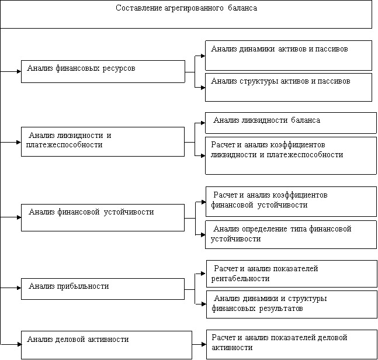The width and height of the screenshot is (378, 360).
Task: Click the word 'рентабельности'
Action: [240, 279]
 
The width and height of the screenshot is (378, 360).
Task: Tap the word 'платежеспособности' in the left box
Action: [64, 145]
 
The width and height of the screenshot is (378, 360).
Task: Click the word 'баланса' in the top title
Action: [242, 8]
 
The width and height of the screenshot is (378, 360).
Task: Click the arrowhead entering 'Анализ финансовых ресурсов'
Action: [19, 72]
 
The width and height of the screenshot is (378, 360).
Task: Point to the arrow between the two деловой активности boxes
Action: [199, 344]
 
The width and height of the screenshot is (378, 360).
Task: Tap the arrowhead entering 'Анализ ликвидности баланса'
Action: [203, 123]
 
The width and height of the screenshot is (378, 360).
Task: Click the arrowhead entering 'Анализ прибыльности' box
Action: [19, 288]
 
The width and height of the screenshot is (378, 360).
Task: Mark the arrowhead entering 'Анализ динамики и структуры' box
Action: [204, 304]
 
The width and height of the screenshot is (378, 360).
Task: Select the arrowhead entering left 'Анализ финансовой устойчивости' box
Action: [19, 217]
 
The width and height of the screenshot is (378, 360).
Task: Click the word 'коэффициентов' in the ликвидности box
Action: [297, 145]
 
